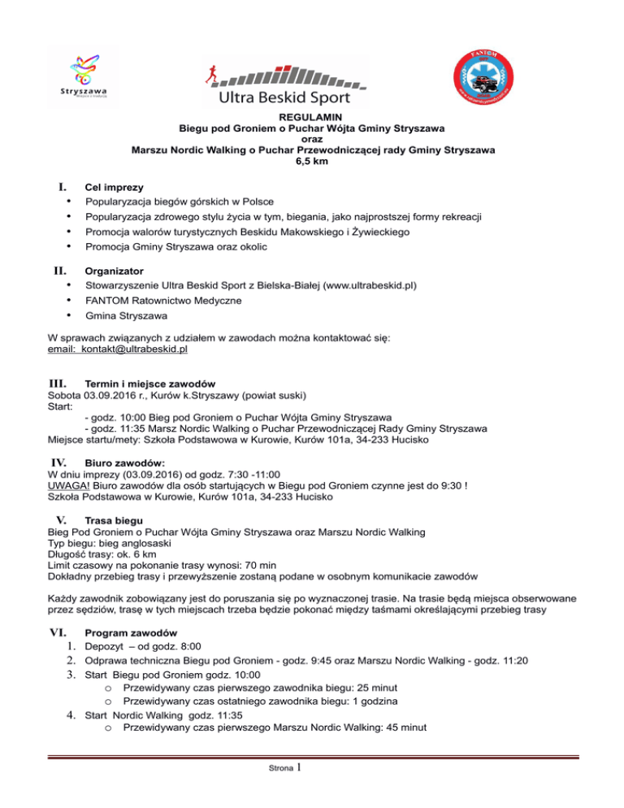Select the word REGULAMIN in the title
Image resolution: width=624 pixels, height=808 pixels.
312,117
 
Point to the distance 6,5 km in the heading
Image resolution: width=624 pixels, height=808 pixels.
312,162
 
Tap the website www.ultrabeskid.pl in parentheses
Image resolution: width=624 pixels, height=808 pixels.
367,286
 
